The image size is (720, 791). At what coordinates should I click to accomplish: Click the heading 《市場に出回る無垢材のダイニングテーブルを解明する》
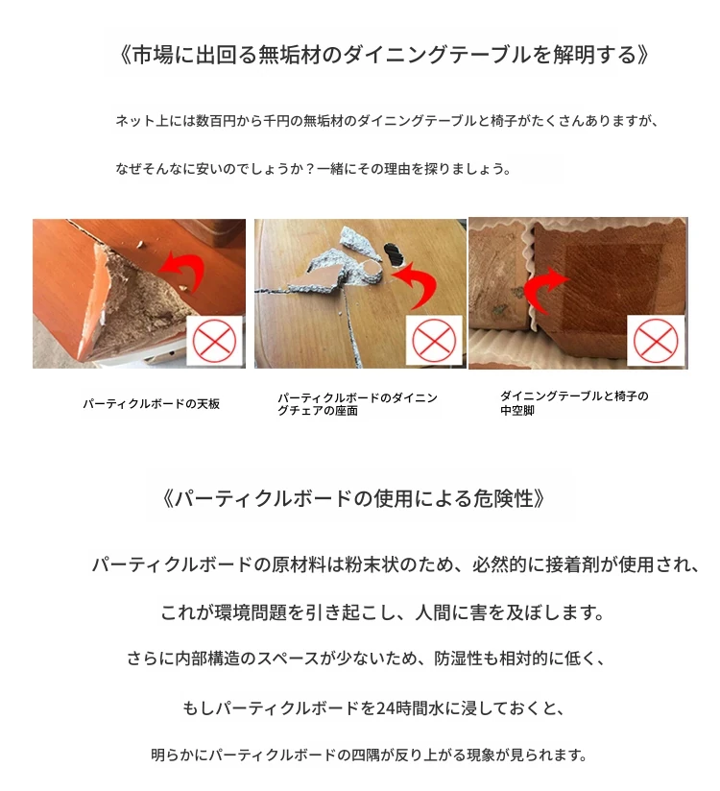[384, 55]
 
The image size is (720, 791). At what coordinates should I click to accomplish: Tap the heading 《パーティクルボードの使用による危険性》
[354, 498]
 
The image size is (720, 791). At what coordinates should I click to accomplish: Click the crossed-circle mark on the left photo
[214, 341]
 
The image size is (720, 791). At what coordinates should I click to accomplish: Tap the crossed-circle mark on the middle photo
[435, 341]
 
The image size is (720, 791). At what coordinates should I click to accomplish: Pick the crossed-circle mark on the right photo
[656, 341]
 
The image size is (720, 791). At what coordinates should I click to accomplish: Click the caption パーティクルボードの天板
[152, 404]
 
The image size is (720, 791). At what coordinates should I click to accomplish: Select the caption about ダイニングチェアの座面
[357, 404]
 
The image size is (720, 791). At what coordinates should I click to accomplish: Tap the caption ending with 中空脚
[574, 403]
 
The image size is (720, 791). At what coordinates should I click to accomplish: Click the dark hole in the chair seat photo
[395, 254]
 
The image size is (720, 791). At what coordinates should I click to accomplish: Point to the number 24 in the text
[386, 708]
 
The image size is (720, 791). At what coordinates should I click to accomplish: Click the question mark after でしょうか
[310, 169]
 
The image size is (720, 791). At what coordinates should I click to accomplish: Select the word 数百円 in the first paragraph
[215, 121]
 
